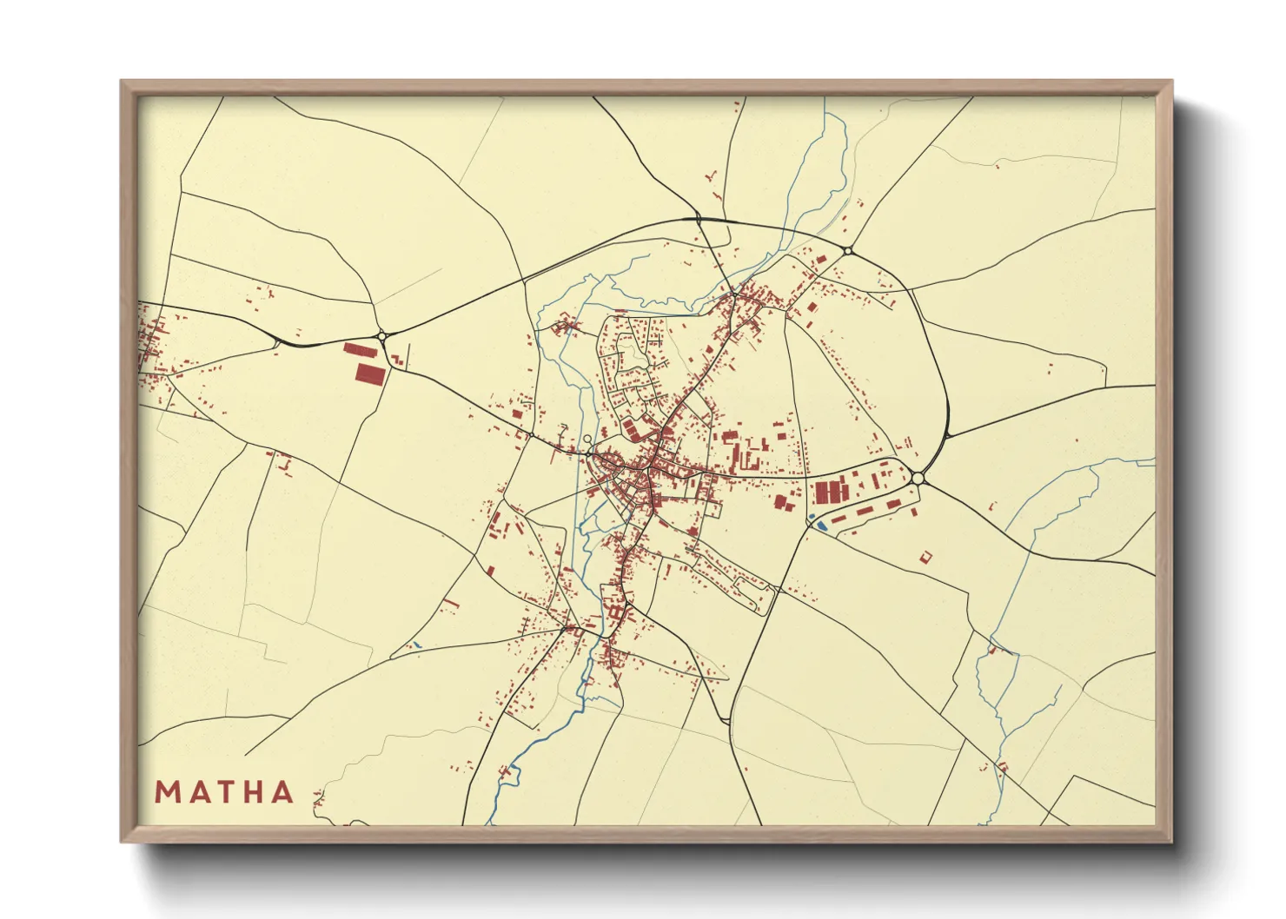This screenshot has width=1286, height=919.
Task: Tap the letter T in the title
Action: click(225, 792)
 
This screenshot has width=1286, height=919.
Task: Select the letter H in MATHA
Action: click(255, 792)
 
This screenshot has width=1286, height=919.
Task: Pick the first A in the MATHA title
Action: click(196, 792)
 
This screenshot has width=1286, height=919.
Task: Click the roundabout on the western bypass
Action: click(381, 335)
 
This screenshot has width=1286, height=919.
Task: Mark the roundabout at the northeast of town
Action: click(847, 251)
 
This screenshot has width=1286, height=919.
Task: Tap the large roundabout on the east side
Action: click(918, 478)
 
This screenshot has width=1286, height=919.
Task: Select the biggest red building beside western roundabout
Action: click(369, 374)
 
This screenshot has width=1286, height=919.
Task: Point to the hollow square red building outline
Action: click(925, 556)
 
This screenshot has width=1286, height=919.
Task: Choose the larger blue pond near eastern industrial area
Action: click(821, 526)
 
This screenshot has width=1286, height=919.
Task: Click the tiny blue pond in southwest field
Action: click(416, 645)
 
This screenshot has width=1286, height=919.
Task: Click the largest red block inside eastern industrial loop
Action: click(831, 493)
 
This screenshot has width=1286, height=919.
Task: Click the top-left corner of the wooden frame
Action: click(123, 83)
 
